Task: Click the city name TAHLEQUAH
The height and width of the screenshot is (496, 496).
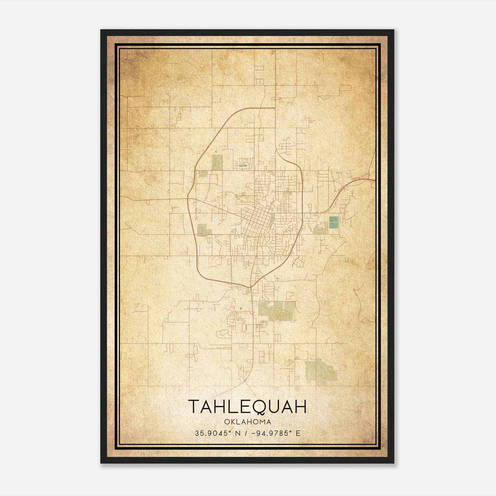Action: [247, 406]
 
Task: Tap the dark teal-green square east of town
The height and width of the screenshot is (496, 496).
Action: [334, 222]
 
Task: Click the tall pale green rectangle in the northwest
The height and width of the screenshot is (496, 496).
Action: [217, 162]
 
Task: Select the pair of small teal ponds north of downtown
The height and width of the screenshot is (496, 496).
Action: [242, 166]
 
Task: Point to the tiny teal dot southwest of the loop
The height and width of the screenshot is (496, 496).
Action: [240, 309]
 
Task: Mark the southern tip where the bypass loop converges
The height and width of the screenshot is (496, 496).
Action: [250, 287]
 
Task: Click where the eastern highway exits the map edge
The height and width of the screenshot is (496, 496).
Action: [374, 179]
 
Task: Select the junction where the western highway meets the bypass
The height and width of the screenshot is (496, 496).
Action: [188, 198]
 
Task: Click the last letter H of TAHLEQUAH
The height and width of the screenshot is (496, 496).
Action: [300, 406]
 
